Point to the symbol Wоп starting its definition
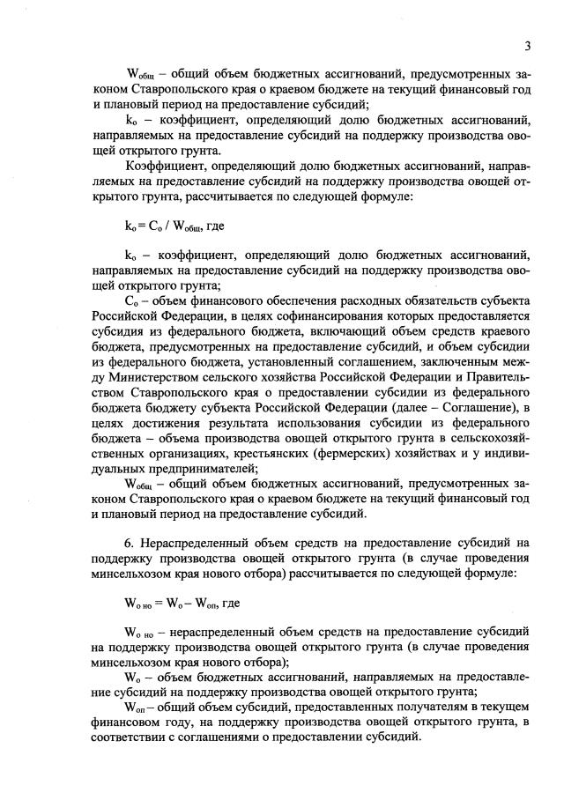[x=138, y=708]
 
